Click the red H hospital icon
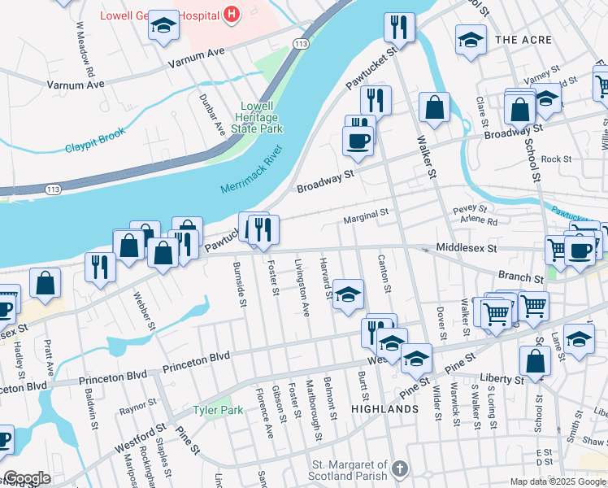tap(233, 14)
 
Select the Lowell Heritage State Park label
tap(261, 117)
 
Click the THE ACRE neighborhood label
tap(523, 40)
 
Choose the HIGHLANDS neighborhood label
tap(385, 409)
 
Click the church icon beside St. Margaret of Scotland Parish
tap(398, 468)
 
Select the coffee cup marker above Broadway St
tap(358, 141)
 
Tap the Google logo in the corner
tap(27, 478)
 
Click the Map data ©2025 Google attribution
tap(558, 481)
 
